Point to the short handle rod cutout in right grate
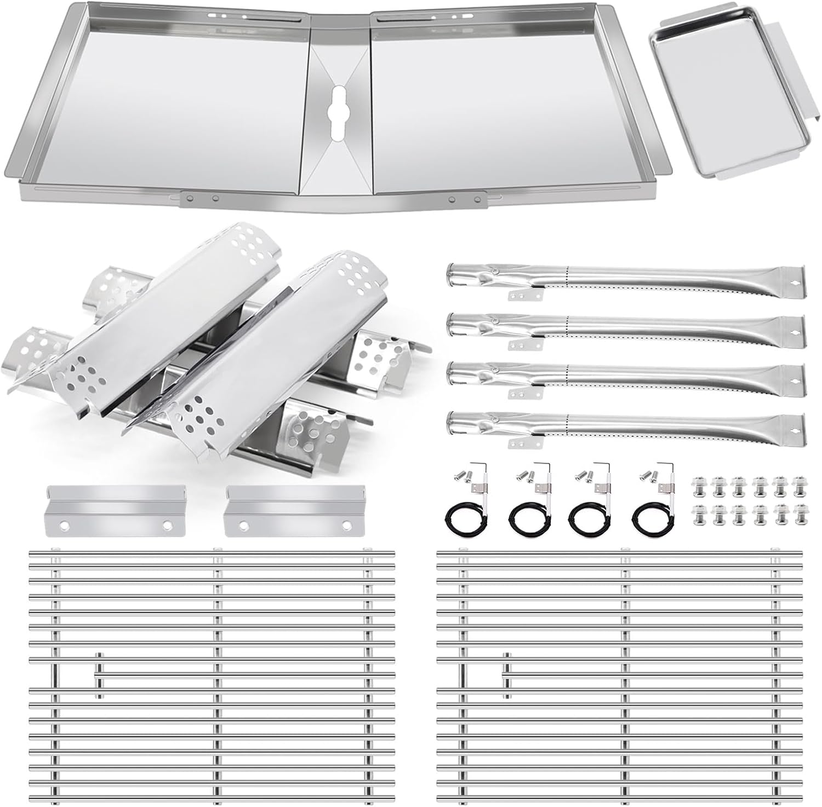point(507,676)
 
